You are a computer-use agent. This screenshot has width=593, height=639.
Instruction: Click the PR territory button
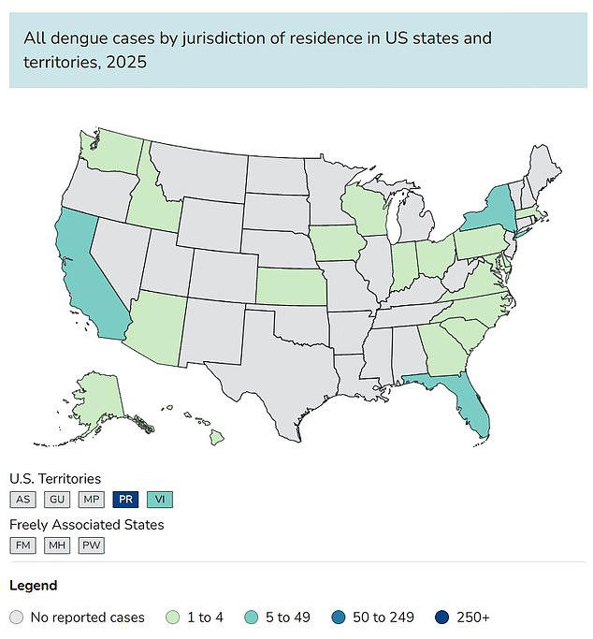[125, 500]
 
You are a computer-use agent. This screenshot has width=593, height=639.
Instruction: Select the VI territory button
[159, 500]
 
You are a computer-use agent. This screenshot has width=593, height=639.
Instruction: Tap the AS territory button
[23, 500]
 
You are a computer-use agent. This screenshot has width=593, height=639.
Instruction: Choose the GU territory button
[57, 500]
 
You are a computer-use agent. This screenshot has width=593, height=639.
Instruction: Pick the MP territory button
[91, 500]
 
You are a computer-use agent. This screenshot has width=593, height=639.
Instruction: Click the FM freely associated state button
[23, 545]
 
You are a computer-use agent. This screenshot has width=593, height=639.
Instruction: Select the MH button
[57, 545]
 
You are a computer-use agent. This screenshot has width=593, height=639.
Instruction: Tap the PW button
[91, 545]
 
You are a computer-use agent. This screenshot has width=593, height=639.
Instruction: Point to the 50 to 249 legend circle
[338, 617]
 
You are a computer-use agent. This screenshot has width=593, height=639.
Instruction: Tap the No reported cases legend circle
[16, 617]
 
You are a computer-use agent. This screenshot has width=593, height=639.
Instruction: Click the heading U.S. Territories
[55, 479]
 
